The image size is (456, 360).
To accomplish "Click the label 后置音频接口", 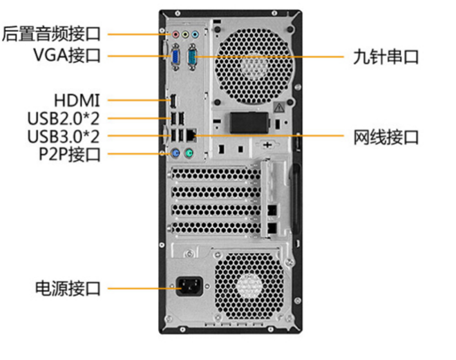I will click(x=52, y=32).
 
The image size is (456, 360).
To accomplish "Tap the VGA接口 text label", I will click(x=66, y=55).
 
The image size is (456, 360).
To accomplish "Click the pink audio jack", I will click(x=175, y=33).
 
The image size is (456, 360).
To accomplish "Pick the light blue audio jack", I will click(x=195, y=33).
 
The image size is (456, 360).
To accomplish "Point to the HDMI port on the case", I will click(x=174, y=101).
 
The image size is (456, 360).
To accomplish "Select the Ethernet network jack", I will click(x=193, y=134).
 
